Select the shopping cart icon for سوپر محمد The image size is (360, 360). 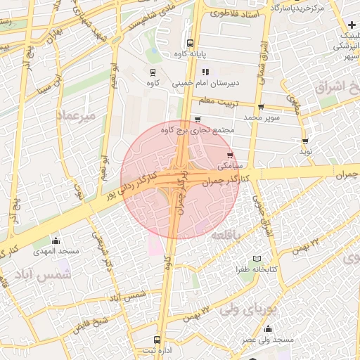pos(261,108)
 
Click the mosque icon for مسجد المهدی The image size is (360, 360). pos(56,241)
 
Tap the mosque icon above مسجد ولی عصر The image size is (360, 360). pos(267,328)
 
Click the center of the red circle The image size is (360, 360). pos(179,179)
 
